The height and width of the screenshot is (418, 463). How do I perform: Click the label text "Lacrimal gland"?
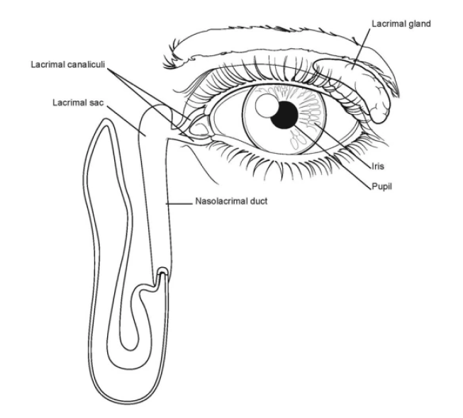click(x=401, y=23)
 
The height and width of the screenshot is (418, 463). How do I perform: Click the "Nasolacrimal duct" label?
click(x=226, y=201)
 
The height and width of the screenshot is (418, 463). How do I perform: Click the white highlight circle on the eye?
click(x=266, y=107)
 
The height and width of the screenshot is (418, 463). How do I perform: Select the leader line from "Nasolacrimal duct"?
click(x=180, y=203)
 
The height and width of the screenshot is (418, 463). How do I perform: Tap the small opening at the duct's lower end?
click(x=162, y=271)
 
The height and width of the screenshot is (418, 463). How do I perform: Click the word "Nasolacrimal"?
click(x=216, y=201)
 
